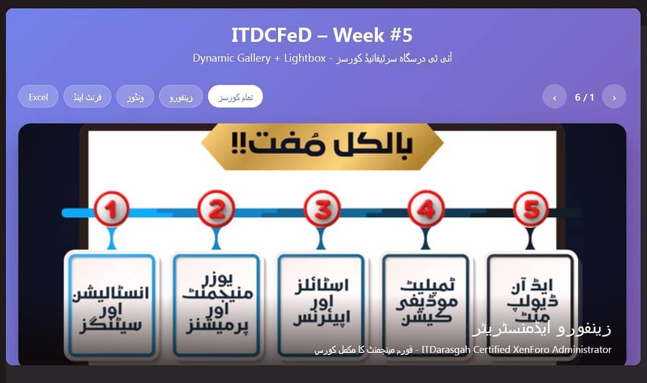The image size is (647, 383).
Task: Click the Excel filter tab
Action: tap(38, 97)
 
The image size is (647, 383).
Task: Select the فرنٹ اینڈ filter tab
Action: tap(88, 97)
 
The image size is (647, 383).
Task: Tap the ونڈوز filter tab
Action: tap(136, 97)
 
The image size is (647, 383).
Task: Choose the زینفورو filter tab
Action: tap(181, 97)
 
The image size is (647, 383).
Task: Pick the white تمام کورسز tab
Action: tap(235, 97)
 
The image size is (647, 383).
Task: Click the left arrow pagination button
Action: tap(554, 97)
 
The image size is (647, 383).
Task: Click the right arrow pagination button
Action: tap(614, 97)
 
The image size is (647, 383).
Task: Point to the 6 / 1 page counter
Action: tap(584, 97)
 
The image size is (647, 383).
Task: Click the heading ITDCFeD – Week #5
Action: tap(322, 35)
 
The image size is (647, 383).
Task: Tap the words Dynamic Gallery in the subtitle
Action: tap(231, 58)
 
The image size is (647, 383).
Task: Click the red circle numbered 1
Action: tap(111, 209)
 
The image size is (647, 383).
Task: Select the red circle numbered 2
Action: tap(216, 209)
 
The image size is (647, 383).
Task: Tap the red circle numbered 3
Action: tap(322, 209)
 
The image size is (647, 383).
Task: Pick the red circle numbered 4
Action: tap(426, 209)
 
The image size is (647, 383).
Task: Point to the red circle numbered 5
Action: tap(531, 209)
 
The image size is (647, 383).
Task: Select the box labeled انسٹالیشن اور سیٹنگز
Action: tap(111, 306)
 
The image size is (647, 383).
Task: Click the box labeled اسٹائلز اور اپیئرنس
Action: tap(321, 306)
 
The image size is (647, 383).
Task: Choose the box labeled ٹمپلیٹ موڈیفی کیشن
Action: tap(426, 306)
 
